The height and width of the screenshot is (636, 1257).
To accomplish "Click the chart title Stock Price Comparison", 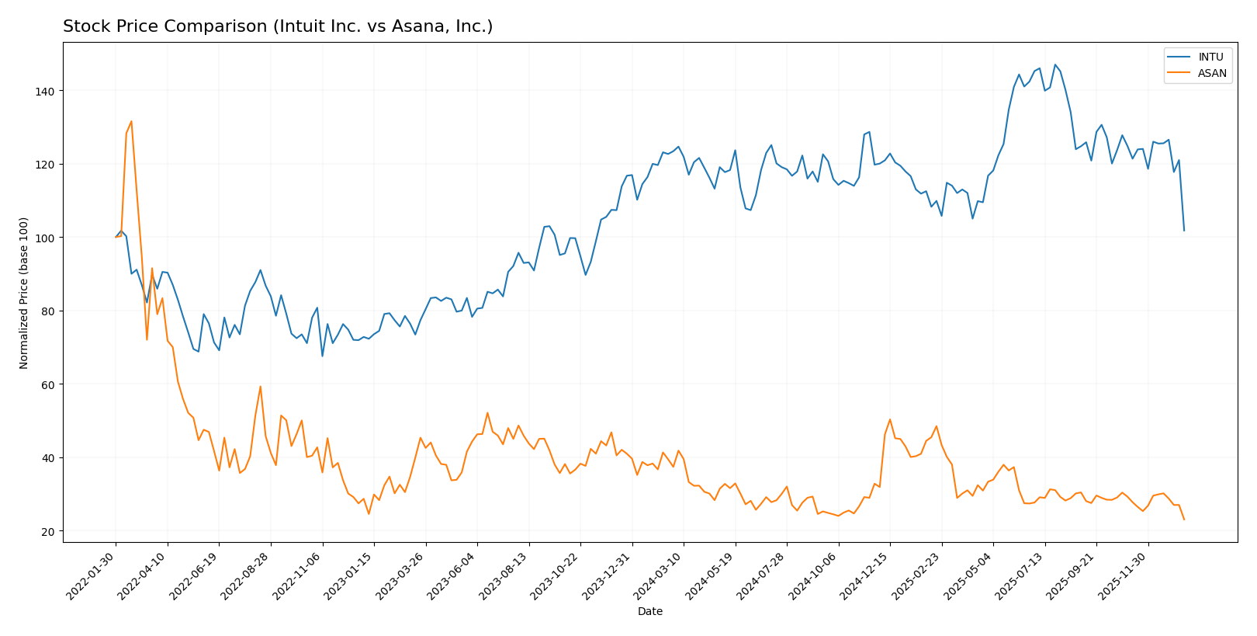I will coord(278,26).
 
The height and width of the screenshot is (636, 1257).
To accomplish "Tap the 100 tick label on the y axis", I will coord(47,238).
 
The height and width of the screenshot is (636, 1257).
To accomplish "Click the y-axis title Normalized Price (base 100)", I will coord(24,293).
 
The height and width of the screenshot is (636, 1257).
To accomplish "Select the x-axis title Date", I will coord(649,612).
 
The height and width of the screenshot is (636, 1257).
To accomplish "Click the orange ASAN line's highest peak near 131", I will coord(131,121).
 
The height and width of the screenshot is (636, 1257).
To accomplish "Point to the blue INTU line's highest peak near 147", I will coord(1054,64).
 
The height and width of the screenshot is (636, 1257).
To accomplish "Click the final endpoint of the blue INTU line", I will coord(1184,231).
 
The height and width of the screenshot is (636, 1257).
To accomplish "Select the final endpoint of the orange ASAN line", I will coord(1184,520).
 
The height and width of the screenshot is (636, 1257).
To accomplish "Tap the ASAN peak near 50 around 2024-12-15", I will coord(889,419).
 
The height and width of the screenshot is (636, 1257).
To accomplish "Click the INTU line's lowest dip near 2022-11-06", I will coord(322,356).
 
